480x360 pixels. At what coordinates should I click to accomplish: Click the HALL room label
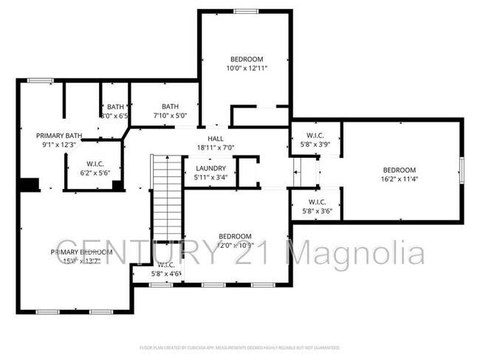[215, 138]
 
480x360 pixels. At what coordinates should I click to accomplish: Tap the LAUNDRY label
[210, 168]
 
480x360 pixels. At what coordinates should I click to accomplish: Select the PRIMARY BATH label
[59, 135]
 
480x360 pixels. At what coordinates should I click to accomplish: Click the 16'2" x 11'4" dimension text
[399, 178]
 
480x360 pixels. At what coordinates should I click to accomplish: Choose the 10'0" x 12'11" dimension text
[247, 68]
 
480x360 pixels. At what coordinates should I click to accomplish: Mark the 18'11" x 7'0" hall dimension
[215, 148]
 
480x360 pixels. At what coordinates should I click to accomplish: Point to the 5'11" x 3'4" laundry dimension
[210, 177]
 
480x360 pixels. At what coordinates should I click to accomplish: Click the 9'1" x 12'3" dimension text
[59, 145]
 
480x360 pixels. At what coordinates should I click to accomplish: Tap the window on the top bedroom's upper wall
[246, 11]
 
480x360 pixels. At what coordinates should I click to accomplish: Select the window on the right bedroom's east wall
[462, 170]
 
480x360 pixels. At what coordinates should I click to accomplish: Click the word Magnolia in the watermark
[356, 254]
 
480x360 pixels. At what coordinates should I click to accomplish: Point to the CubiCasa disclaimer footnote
[239, 347]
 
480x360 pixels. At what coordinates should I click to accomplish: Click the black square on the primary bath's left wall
[29, 185]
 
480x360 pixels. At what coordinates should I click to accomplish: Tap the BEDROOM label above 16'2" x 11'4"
[399, 169]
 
